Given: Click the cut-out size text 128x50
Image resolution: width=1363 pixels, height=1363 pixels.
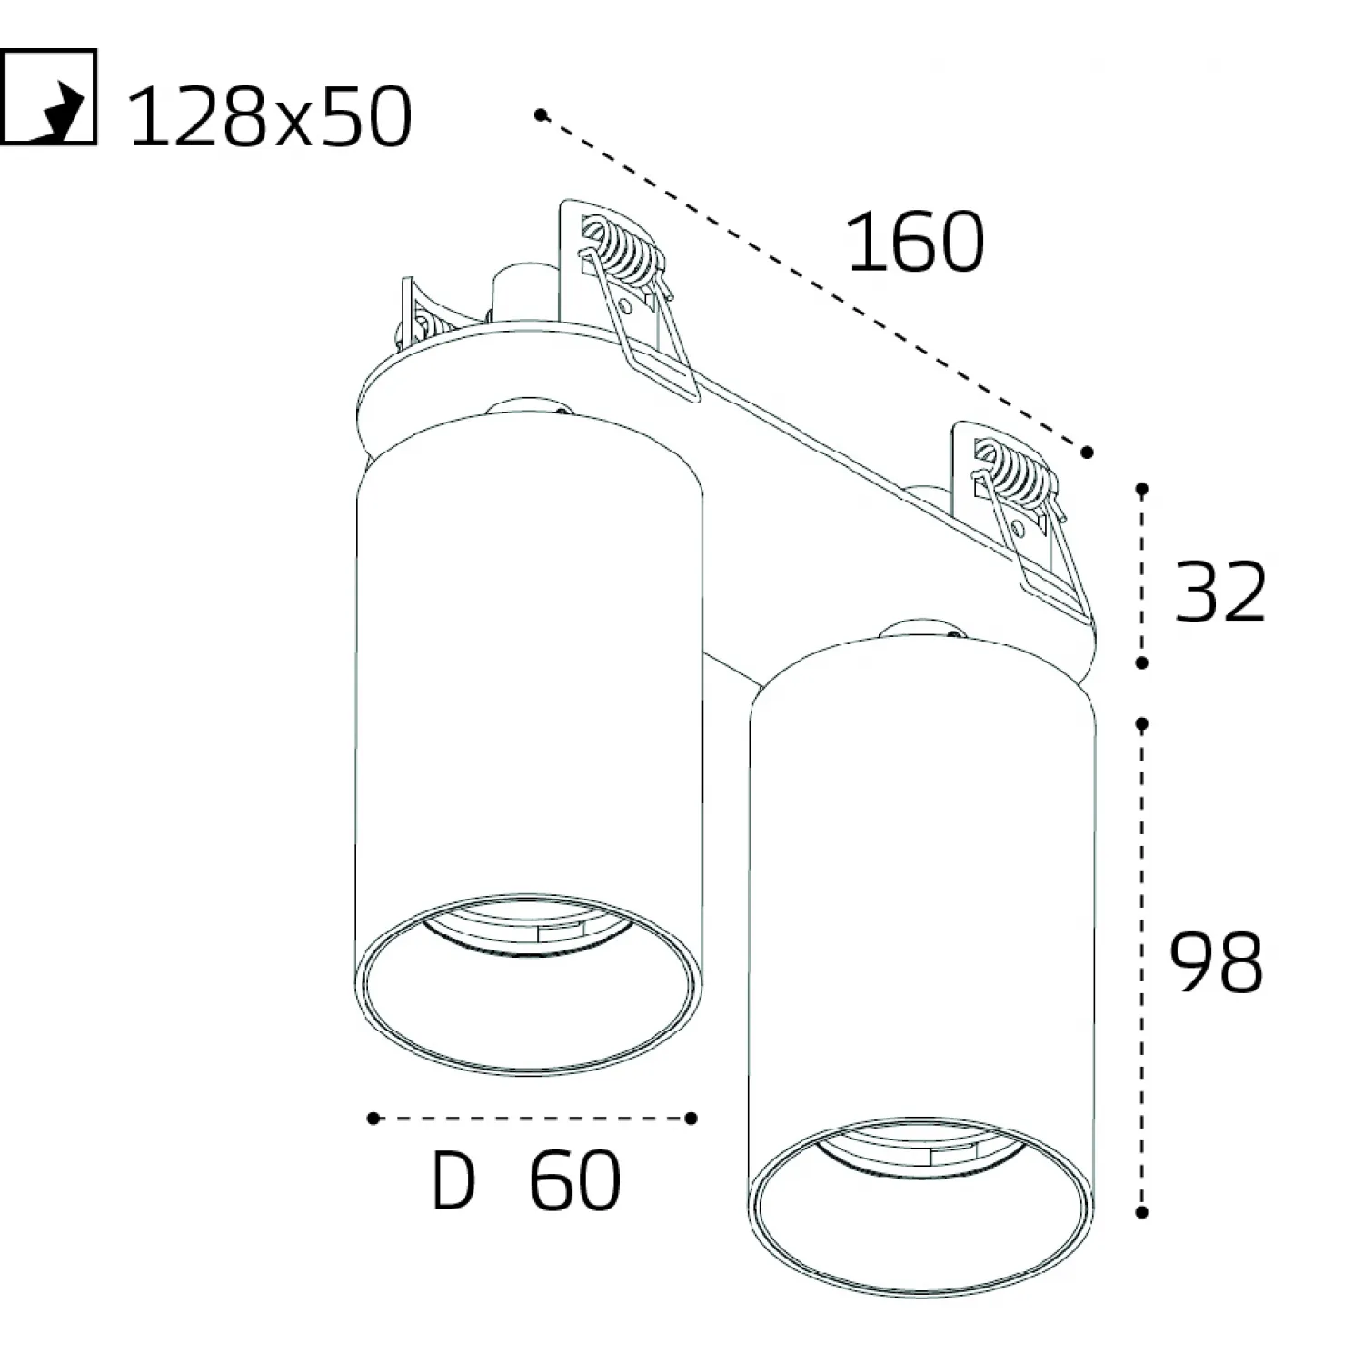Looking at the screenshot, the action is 271,118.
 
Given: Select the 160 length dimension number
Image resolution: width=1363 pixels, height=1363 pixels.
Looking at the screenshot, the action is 915,242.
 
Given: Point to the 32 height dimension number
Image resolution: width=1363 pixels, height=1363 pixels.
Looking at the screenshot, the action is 1220,592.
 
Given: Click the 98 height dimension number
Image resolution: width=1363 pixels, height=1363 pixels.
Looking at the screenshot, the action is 1217,961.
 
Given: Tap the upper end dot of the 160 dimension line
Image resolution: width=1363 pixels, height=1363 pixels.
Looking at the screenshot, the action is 541,114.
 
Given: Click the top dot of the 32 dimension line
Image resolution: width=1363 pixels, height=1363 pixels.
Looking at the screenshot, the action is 1142,489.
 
